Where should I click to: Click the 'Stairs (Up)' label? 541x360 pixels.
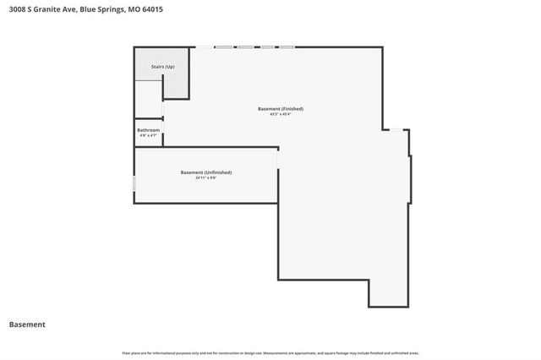(163, 66)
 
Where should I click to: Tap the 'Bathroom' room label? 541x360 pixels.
(149, 130)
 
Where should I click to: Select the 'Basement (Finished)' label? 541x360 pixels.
(281, 108)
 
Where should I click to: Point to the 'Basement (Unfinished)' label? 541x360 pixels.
(206, 172)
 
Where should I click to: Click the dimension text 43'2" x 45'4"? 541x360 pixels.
(281, 114)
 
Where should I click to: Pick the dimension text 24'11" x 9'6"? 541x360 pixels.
(206, 177)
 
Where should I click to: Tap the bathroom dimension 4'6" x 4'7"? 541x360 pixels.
(149, 135)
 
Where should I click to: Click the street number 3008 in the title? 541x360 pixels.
(14, 9)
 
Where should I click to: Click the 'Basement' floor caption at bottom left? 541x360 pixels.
(27, 325)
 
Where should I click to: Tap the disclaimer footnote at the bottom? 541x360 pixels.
(270, 352)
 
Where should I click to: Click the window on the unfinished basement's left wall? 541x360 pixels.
(134, 183)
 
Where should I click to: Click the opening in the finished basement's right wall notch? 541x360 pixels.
(396, 129)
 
